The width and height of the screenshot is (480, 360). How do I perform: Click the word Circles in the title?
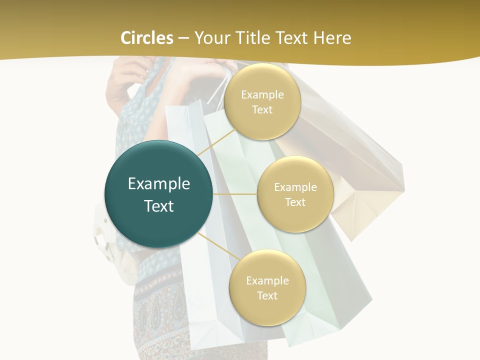(x=146, y=37)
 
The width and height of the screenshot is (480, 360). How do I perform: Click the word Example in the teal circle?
(x=159, y=183)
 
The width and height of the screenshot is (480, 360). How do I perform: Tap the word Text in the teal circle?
(x=159, y=206)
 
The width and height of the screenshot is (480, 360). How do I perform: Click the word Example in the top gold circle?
(x=262, y=94)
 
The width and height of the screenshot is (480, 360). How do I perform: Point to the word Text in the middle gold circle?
(x=295, y=202)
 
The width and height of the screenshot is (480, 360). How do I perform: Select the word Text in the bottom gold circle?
(x=267, y=295)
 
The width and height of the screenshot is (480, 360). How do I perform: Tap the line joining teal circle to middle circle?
(x=235, y=194)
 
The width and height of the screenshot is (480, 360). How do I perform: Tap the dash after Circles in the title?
(x=183, y=38)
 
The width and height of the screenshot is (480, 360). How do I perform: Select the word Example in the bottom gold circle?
(x=267, y=280)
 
